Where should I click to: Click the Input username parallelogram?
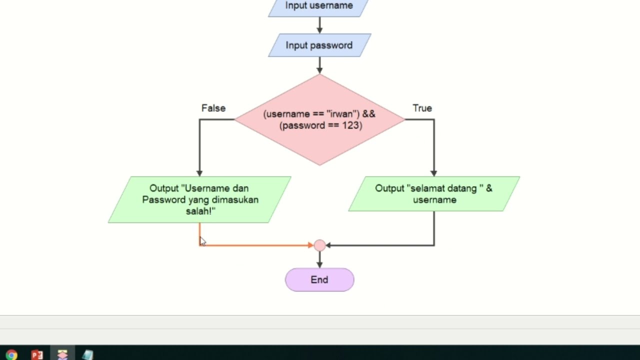319,6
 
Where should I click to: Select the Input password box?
319,45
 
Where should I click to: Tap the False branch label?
213,108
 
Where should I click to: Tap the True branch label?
422,108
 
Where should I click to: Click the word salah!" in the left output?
200,211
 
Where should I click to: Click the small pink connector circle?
319,245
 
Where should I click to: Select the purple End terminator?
319,280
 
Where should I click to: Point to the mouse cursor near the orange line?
202,241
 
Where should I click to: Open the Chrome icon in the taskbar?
11,354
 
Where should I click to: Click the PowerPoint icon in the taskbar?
37,354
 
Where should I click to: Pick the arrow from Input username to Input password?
319,25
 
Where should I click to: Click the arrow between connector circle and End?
319,259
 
